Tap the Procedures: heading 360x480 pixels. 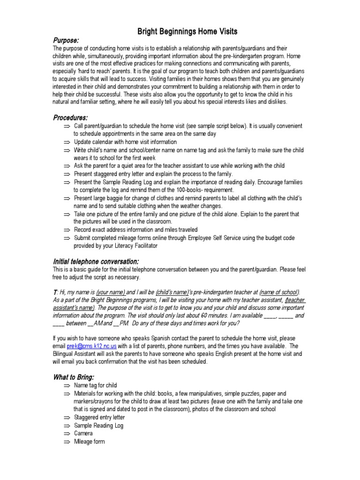[70, 117]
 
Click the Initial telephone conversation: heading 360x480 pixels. [96, 261]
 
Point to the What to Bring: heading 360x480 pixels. [74, 377]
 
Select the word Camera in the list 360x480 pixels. [83, 434]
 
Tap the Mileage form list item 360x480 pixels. [90, 442]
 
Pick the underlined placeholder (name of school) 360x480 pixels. [279, 291]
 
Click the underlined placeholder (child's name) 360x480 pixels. [174, 291]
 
